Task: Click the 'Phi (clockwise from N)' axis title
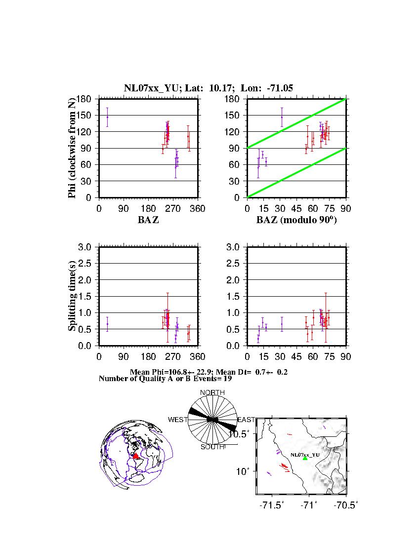pyautogui.click(x=72, y=148)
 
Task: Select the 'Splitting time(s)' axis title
pyautogui.click(x=72, y=296)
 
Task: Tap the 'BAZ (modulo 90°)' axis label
pyautogui.click(x=296, y=220)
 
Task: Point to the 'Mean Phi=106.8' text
pyautogui.click(x=168, y=372)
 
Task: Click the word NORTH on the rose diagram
pyautogui.click(x=212, y=392)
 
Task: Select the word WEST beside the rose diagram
pyautogui.click(x=178, y=420)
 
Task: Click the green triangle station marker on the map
pyautogui.click(x=305, y=458)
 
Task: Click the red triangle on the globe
pyautogui.click(x=136, y=456)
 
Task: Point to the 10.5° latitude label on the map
pyautogui.click(x=244, y=434)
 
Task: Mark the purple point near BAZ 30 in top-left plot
pyautogui.click(x=107, y=117)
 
